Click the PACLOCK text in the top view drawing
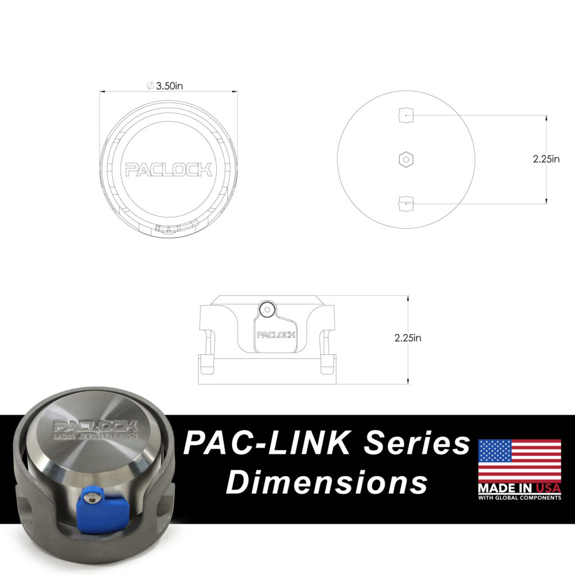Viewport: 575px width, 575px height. click(168, 169)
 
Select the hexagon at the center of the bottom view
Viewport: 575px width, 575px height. click(406, 159)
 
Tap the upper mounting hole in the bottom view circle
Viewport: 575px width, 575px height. click(406, 115)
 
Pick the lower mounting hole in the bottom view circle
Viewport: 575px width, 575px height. click(406, 203)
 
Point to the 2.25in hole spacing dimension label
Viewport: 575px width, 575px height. click(546, 159)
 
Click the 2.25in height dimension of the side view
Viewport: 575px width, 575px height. click(408, 338)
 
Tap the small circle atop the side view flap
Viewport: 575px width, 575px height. click(267, 308)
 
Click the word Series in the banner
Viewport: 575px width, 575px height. click(416, 444)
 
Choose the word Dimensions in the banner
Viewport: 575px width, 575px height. click(330, 482)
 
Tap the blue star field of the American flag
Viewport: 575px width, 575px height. click(494, 450)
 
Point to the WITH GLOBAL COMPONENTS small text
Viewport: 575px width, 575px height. click(519, 498)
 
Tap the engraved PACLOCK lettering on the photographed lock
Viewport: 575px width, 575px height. click(94, 426)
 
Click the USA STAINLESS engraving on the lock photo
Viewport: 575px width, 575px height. click(95, 436)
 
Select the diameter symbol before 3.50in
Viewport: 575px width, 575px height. click(150, 86)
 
